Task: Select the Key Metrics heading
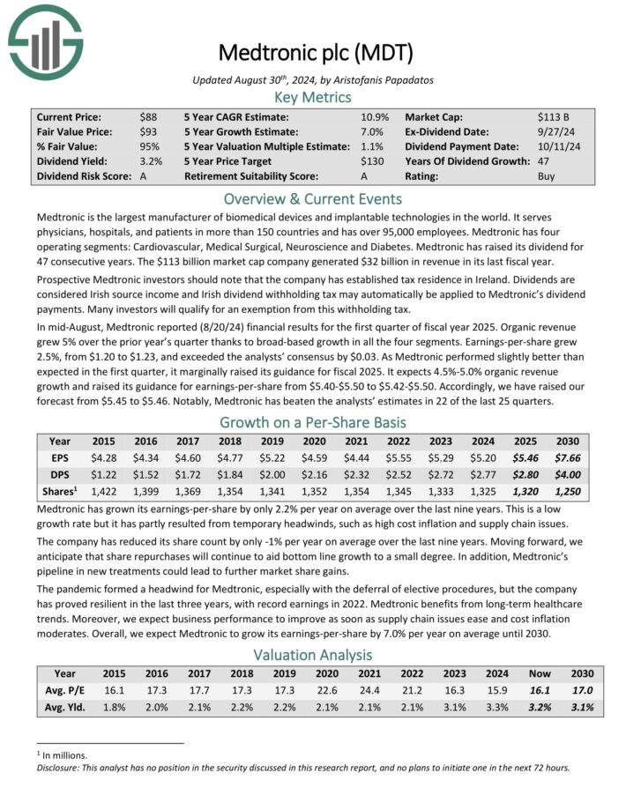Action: coord(314,97)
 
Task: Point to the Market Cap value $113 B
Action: coord(555,116)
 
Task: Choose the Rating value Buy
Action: coord(548,176)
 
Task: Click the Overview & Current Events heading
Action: coord(314,198)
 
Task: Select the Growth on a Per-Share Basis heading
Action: coord(314,421)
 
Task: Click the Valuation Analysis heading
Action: coord(314,655)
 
